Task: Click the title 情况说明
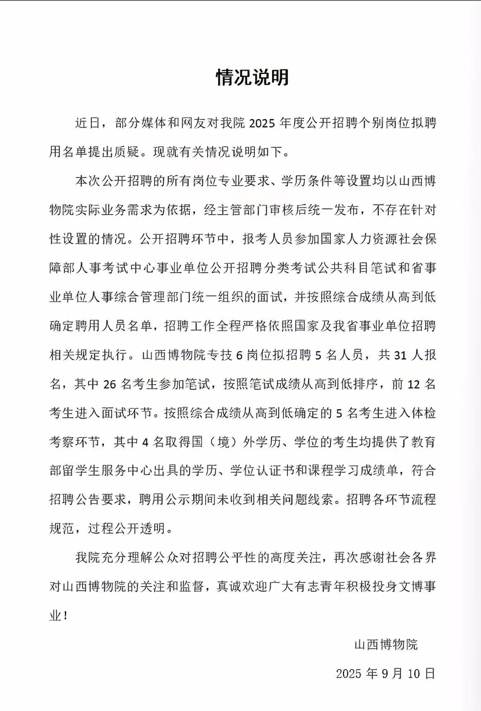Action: tap(252, 78)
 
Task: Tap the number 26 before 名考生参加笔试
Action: tap(109, 384)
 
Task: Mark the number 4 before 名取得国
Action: tap(145, 442)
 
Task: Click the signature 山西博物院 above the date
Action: tap(386, 644)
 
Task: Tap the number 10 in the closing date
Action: tap(414, 674)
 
